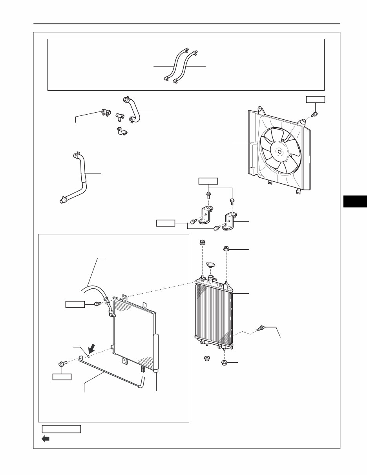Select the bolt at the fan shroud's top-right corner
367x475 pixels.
pos(314,114)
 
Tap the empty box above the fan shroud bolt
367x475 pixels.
pos(316,99)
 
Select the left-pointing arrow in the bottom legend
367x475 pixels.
pos(46,439)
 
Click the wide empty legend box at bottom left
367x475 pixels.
pos(61,429)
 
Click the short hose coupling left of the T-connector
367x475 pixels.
pos(105,112)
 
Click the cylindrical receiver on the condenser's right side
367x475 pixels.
pos(156,353)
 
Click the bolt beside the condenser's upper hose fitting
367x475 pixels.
pos(97,304)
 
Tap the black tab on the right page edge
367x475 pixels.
pos(354,201)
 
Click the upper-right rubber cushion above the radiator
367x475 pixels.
pos(226,248)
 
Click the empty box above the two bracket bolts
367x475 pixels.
pos(208,181)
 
